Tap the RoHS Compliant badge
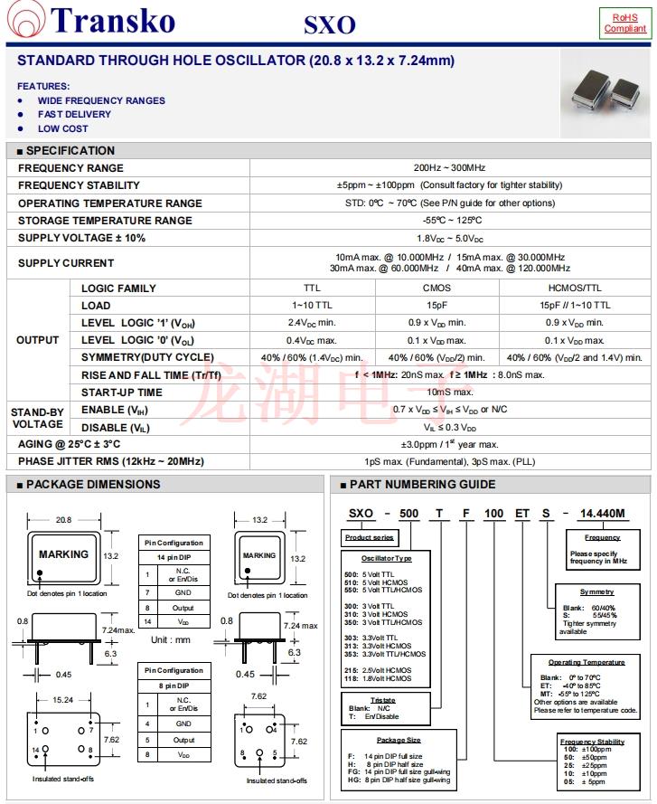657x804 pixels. click(x=624, y=23)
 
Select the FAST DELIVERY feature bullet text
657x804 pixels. click(x=74, y=115)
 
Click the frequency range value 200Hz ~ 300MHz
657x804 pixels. click(x=449, y=168)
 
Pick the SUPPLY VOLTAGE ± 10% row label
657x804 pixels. click(x=81, y=238)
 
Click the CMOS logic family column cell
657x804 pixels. click(x=436, y=288)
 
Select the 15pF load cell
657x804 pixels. click(x=436, y=306)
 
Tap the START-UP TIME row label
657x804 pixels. click(x=122, y=393)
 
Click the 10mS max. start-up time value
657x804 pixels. click(x=450, y=393)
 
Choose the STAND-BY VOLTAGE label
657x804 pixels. click(x=37, y=418)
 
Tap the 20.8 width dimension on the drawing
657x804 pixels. click(x=64, y=520)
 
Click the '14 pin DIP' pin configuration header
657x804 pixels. click(x=174, y=558)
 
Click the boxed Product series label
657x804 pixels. click(x=369, y=538)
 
